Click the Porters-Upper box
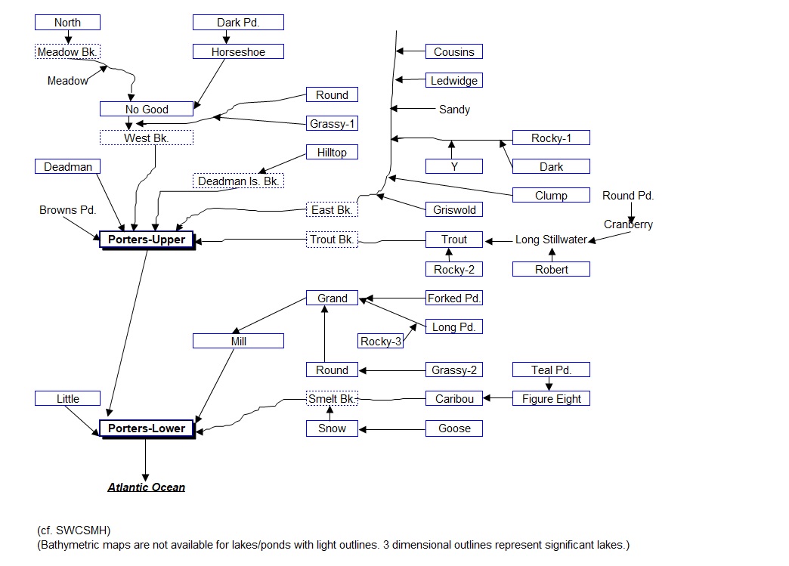[147, 240]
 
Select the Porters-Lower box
[147, 428]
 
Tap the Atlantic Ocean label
[146, 487]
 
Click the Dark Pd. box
[238, 23]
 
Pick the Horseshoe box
[238, 52]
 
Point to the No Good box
[146, 110]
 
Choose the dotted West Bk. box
[147, 138]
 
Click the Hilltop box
[332, 153]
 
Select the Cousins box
[453, 52]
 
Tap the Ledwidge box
[453, 81]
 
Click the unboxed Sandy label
[454, 110]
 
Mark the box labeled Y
[453, 167]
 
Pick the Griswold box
[453, 210]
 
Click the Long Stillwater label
[551, 240]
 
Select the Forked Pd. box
[453, 298]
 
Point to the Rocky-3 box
[380, 342]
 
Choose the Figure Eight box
[551, 399]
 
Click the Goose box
[453, 428]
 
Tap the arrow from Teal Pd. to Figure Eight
[549, 384]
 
